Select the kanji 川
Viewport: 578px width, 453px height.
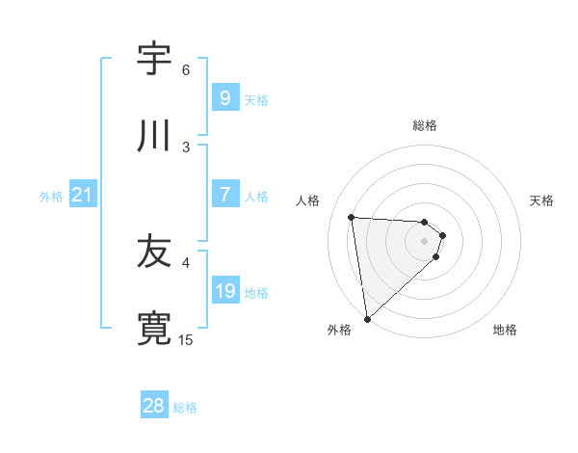click(x=154, y=136)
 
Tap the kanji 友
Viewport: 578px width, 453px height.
click(x=154, y=252)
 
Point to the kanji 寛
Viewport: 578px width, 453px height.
click(x=154, y=329)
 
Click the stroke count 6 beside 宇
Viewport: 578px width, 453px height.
click(x=186, y=70)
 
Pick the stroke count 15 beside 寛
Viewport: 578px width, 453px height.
click(x=186, y=340)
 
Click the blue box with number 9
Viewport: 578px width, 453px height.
click(x=224, y=97)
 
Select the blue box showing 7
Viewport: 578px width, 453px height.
click(x=224, y=195)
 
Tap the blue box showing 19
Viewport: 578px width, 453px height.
click(x=224, y=291)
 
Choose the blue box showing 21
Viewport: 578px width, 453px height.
click(x=83, y=195)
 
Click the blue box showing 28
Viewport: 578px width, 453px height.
click(x=154, y=406)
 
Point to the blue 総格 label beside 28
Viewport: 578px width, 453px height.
click(x=185, y=408)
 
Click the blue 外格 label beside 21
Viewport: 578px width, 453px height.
click(x=51, y=196)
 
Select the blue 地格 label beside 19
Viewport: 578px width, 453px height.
click(x=256, y=292)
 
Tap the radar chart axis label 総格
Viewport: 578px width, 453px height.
click(x=424, y=125)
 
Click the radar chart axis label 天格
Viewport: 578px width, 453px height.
click(x=542, y=200)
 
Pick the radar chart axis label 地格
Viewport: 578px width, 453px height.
click(x=505, y=330)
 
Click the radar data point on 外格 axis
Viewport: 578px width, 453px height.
click(x=366, y=318)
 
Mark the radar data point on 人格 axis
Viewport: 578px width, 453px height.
click(x=352, y=217)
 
